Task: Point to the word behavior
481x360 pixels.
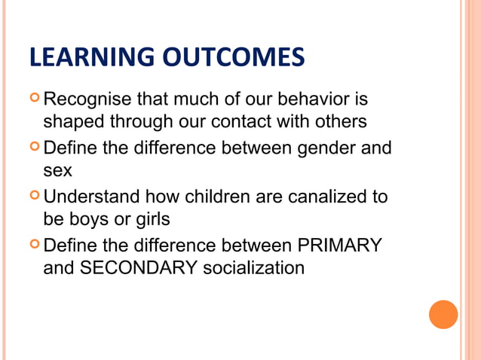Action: click(324, 99)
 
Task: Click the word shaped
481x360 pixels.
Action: click(73, 121)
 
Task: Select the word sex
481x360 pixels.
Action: click(57, 169)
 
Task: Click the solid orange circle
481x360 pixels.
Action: click(443, 314)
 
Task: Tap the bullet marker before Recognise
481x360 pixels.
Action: click(34, 99)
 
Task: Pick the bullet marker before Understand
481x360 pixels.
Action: click(34, 196)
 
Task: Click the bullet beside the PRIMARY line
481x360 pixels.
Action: click(34, 244)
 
